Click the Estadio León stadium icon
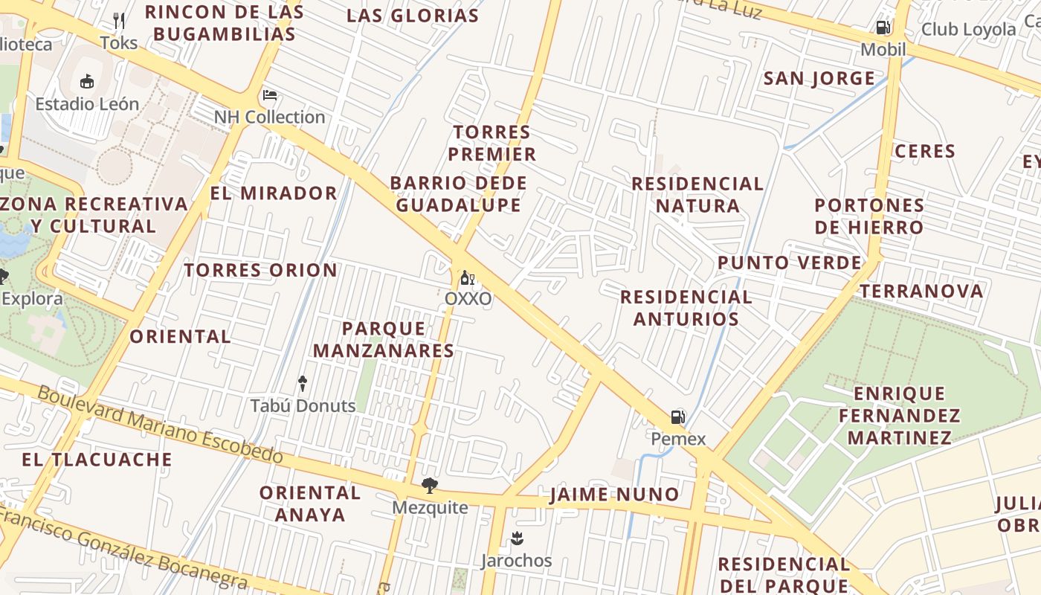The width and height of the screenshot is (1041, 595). [x=87, y=81]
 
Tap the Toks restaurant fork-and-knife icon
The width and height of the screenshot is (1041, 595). [x=119, y=21]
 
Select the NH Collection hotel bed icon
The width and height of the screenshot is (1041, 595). [x=270, y=95]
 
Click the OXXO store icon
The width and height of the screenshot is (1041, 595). [x=468, y=278]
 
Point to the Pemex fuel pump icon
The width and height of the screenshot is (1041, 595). [x=678, y=417]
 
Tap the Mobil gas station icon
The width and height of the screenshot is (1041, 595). [x=883, y=28]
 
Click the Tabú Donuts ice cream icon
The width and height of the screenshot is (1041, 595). [x=303, y=384]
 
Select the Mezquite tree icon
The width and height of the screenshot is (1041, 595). [x=430, y=486]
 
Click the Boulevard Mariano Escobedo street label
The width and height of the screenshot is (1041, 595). [x=160, y=423]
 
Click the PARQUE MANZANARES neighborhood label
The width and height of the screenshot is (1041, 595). [x=384, y=339]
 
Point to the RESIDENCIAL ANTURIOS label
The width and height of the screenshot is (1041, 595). [x=686, y=308]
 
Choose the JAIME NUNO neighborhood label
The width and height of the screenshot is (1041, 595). [x=614, y=495]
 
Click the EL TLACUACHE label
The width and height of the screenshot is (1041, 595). [x=97, y=460]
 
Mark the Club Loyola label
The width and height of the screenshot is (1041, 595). [x=968, y=30]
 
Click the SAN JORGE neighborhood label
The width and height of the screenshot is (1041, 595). [x=819, y=78]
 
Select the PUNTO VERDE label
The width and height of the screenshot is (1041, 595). [x=789, y=263]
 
